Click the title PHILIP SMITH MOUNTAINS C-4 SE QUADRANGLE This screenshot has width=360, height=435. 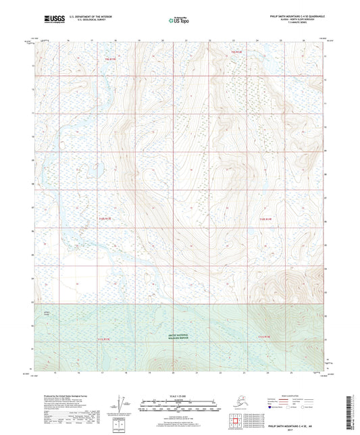point(284,14)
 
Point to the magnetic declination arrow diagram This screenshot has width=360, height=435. point(122,403)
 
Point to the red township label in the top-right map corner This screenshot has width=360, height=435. point(236,51)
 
